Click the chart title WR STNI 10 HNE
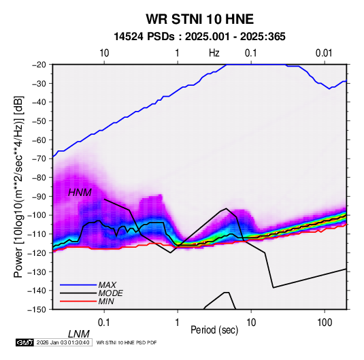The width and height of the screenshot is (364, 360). click(x=199, y=19)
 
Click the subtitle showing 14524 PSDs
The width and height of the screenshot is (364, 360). click(x=199, y=37)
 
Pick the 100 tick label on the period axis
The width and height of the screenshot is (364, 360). click(x=325, y=323)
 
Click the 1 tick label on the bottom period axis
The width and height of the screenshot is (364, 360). click(x=178, y=323)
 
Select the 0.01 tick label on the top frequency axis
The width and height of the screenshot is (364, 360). click(x=324, y=53)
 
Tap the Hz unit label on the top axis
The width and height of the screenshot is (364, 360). click(x=214, y=53)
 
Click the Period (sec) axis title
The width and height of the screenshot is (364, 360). click(x=214, y=330)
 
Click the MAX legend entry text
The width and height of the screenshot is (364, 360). click(x=107, y=284)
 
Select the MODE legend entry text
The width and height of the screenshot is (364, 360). click(x=110, y=293)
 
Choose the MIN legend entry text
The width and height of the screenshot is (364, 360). click(x=106, y=301)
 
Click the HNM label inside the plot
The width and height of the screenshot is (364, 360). click(x=80, y=193)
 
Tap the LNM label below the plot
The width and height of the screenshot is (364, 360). click(x=79, y=334)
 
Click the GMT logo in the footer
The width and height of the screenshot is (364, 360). click(x=24, y=342)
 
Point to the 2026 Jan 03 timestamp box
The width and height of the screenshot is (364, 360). click(x=63, y=342)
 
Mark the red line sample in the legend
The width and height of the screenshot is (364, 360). click(x=78, y=301)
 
